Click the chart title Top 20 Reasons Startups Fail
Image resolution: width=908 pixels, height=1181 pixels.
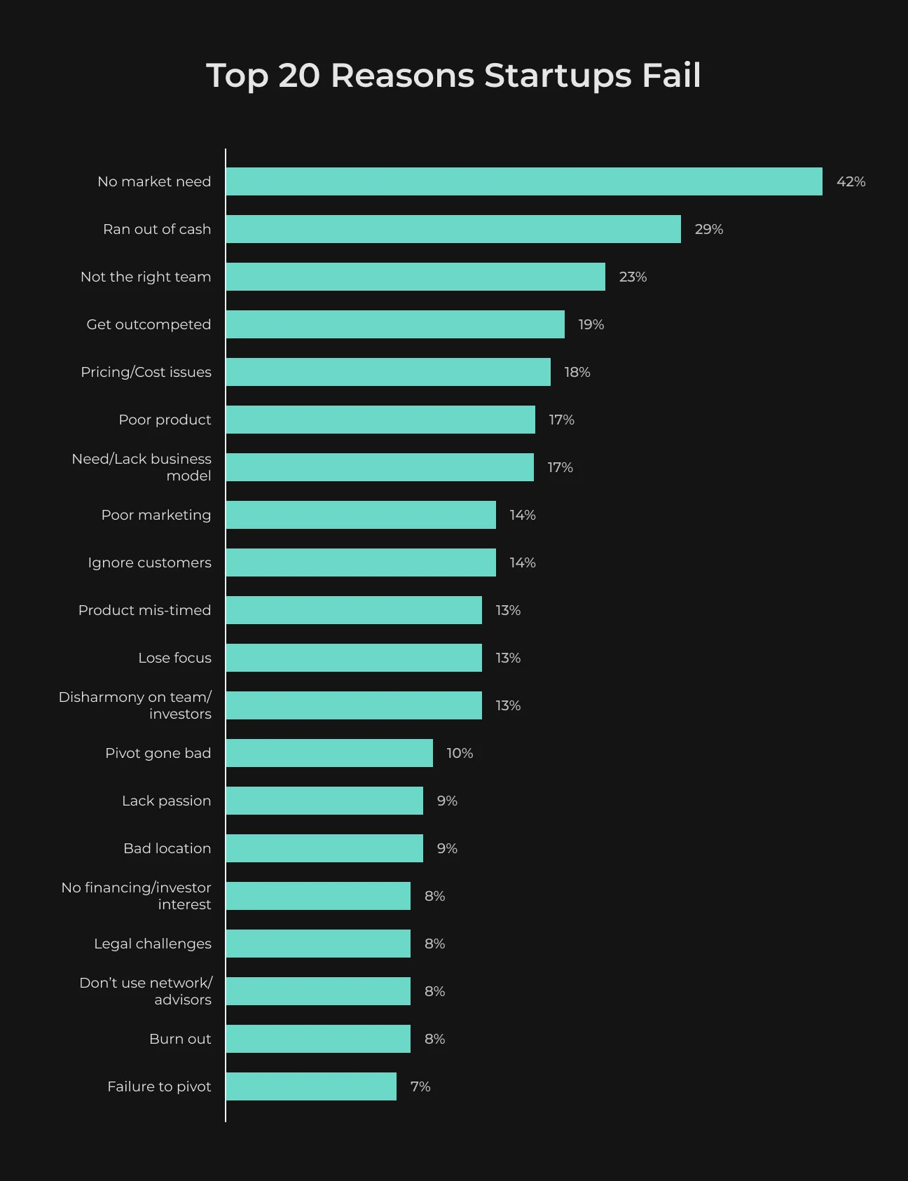[x=453, y=76]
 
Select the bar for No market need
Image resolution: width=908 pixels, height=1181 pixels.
[x=524, y=181]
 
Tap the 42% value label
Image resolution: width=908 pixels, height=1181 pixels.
[x=851, y=181]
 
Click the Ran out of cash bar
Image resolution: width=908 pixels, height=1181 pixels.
[x=453, y=229]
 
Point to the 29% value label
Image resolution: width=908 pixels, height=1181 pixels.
[x=709, y=229]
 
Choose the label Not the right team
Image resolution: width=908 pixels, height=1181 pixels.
[x=146, y=277]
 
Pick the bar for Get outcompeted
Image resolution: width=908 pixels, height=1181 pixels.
[x=395, y=324]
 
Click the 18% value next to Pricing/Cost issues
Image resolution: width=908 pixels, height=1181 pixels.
[x=577, y=372]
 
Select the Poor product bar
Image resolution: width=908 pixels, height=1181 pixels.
[x=380, y=420]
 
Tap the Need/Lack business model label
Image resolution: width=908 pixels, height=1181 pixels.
[x=142, y=467]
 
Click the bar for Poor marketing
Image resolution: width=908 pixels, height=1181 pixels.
[x=361, y=515]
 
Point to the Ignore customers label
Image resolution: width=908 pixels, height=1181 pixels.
[x=149, y=562]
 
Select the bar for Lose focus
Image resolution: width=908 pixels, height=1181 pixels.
[x=354, y=658]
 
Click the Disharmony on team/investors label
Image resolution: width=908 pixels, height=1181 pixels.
[x=135, y=705]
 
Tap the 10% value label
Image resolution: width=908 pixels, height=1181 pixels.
[x=460, y=753]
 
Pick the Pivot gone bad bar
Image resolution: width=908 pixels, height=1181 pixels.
[x=329, y=753]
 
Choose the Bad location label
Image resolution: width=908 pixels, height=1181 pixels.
[x=167, y=848]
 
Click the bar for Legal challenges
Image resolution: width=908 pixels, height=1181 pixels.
[x=318, y=944]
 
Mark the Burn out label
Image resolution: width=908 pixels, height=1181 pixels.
[x=180, y=1039]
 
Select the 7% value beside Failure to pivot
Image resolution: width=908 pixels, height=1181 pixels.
[x=420, y=1086]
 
